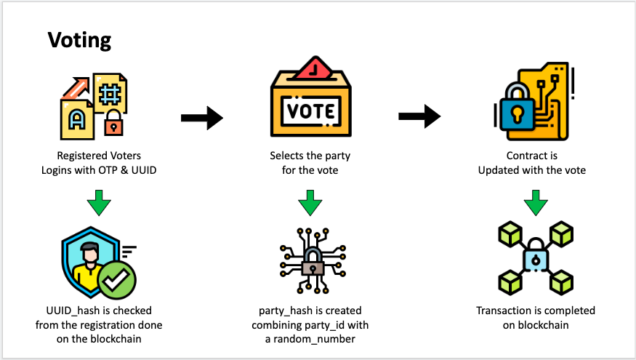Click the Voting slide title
80,39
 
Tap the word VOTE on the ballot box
311,112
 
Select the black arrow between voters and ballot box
201,116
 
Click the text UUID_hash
63,311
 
